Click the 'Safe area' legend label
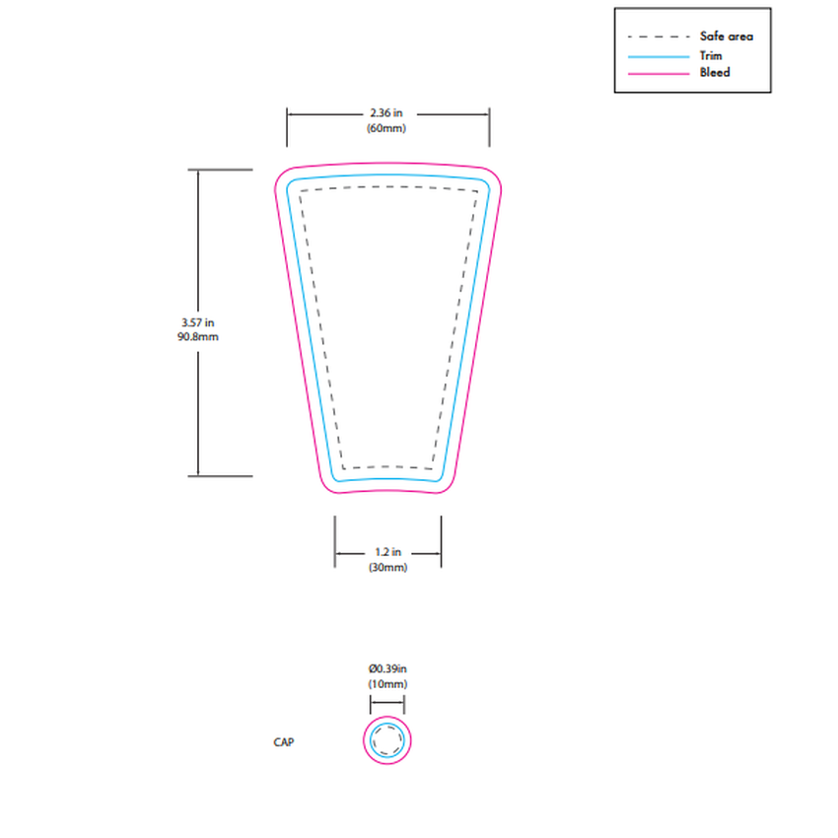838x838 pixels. (726, 36)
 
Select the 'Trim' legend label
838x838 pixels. (710, 55)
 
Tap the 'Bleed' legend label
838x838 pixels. (714, 72)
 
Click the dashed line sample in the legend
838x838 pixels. (658, 37)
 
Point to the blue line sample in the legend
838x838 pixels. (658, 56)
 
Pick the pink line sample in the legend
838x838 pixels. (658, 73)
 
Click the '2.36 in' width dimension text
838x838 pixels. (387, 113)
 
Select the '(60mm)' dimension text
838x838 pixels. (387, 129)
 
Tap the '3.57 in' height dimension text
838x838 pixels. (198, 322)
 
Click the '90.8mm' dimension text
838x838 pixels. (198, 337)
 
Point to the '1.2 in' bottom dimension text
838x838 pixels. (387, 553)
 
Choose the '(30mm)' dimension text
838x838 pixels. (387, 568)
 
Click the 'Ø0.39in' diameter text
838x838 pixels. (387, 668)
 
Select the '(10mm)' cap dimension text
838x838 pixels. (387, 684)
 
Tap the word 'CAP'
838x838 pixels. (284, 742)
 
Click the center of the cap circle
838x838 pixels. (387, 740)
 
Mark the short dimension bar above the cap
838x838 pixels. (387, 703)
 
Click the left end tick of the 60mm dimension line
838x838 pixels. (287, 114)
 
